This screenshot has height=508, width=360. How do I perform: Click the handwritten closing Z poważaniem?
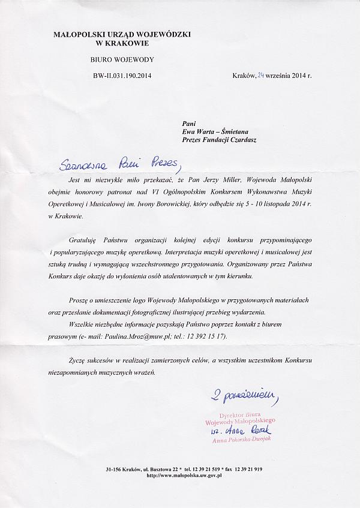pos(243,395)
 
